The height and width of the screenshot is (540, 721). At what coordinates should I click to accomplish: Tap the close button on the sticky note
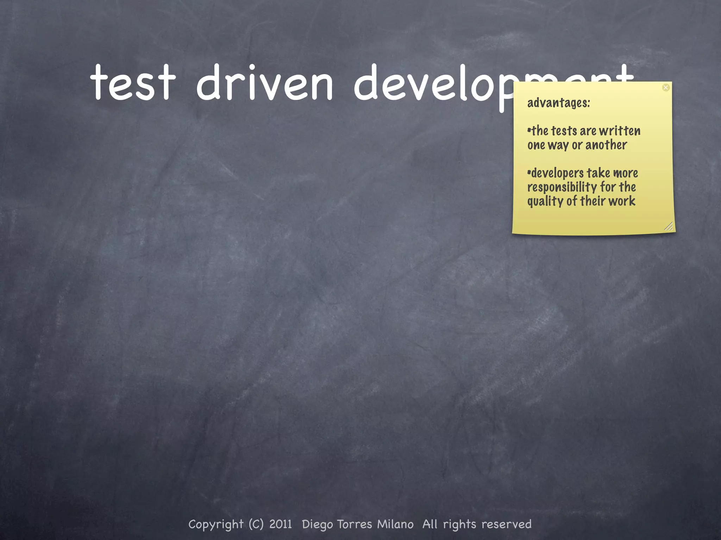click(666, 88)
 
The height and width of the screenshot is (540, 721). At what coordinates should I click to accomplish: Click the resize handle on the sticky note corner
click(669, 226)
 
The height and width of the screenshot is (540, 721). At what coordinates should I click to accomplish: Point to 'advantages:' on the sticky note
click(558, 103)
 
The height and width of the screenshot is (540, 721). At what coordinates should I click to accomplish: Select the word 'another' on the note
click(606, 145)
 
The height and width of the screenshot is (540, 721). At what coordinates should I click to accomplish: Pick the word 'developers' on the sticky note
click(557, 174)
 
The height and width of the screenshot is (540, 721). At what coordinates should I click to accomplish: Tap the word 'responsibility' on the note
click(562, 187)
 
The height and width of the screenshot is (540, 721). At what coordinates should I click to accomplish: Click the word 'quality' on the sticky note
click(545, 201)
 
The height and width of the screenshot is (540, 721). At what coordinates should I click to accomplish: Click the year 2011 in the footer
click(281, 524)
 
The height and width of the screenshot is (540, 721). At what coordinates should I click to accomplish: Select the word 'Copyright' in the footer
click(216, 525)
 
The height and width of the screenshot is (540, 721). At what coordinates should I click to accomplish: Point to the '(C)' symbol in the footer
click(256, 524)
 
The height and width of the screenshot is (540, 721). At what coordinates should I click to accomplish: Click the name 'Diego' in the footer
click(317, 525)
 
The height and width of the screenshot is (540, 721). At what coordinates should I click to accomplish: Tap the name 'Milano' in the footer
click(395, 524)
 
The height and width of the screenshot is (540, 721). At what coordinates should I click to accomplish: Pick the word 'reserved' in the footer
click(506, 524)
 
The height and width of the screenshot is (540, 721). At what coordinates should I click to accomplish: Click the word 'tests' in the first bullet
click(564, 131)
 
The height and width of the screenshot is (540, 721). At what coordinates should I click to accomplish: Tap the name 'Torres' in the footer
click(355, 524)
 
